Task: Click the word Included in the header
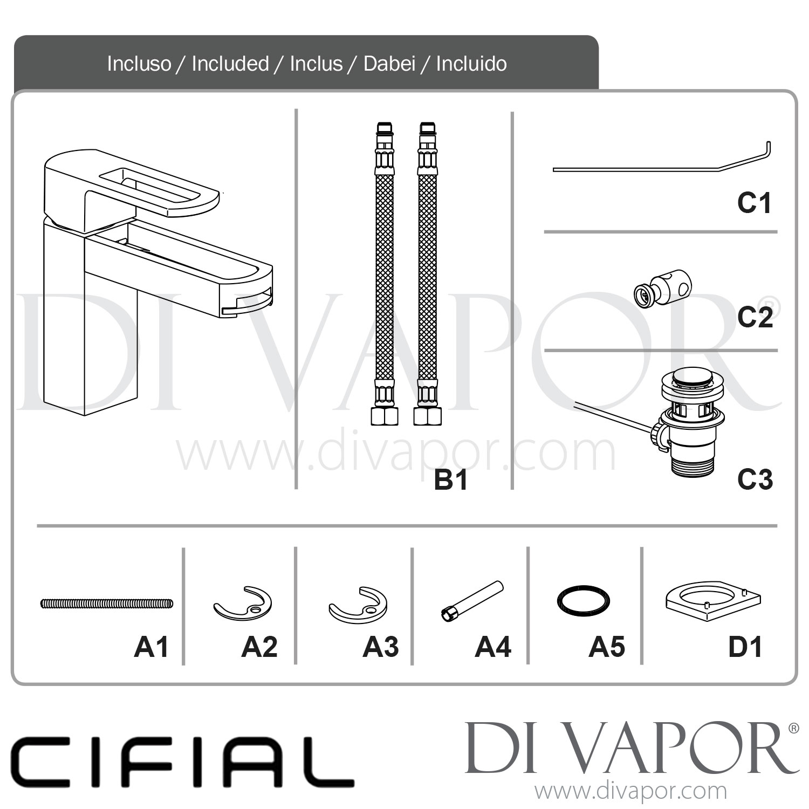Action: click(x=230, y=64)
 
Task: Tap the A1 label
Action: click(x=151, y=646)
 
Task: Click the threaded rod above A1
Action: click(x=107, y=604)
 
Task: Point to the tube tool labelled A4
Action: click(x=472, y=601)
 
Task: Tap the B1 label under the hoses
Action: click(x=451, y=479)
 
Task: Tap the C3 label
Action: click(x=755, y=479)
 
